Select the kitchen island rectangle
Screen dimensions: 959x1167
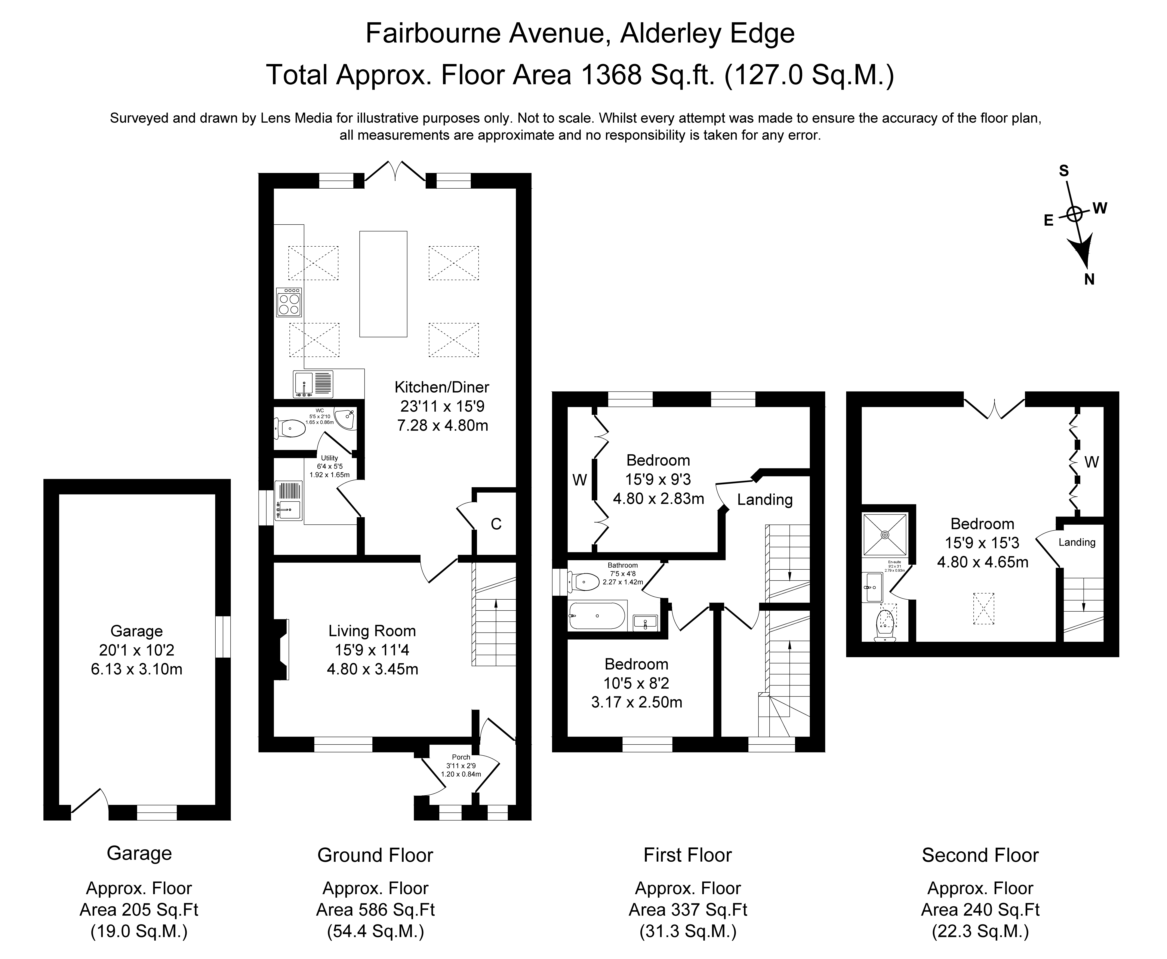point(383,284)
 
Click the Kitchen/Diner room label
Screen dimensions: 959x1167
point(442,387)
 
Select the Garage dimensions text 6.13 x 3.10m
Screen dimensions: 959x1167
point(136,669)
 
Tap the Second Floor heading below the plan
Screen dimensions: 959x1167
point(980,855)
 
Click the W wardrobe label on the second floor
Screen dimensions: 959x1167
point(1091,462)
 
